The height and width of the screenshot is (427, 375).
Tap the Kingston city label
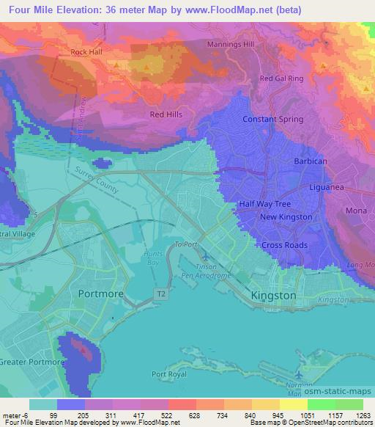273,295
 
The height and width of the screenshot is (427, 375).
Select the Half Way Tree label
264,204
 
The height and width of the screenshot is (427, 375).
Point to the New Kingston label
286,217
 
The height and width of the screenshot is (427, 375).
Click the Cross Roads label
285,245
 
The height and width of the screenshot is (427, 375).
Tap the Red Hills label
166,114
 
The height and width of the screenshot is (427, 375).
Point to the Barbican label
310,161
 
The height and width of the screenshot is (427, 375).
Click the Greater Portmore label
29,361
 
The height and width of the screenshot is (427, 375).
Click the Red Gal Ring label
281,78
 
